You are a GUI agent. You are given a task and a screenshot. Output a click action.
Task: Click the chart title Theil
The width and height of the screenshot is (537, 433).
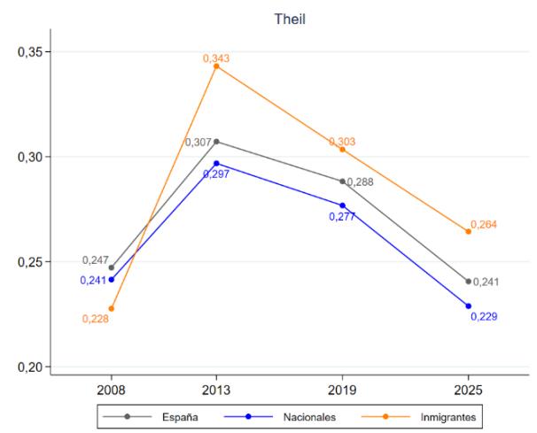(290, 19)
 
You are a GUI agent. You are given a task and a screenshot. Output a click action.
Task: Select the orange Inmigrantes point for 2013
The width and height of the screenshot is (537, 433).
(216, 66)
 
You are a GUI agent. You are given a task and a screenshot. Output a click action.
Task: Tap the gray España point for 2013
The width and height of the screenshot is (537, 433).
(216, 142)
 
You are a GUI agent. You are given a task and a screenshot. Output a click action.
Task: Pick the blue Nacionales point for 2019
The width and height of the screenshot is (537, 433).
(342, 205)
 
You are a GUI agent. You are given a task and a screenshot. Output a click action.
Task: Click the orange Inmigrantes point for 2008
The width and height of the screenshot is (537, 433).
(112, 309)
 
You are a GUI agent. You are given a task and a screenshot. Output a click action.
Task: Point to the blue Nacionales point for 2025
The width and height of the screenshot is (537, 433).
(468, 306)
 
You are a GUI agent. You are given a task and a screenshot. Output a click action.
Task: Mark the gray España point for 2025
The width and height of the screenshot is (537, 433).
(468, 282)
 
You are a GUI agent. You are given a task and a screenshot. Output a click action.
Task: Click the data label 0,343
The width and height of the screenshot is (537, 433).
(216, 58)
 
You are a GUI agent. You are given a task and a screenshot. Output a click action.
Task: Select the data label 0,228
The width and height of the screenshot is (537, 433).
(96, 319)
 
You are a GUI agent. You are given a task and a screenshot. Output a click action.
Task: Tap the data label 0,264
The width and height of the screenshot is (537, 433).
(484, 225)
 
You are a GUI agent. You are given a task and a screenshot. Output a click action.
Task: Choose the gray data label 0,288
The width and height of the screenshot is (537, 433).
(360, 182)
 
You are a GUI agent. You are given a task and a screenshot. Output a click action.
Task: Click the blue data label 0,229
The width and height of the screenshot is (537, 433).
(484, 317)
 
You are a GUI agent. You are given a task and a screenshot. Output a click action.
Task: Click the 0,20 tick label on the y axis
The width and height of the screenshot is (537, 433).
(31, 367)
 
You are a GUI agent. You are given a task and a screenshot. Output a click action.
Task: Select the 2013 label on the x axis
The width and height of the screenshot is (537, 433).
(216, 390)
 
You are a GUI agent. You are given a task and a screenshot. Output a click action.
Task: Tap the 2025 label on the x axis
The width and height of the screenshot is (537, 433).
(468, 390)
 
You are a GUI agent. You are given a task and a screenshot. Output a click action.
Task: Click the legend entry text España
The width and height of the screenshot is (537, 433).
(180, 417)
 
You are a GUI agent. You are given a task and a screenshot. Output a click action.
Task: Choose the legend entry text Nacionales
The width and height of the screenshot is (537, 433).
(309, 417)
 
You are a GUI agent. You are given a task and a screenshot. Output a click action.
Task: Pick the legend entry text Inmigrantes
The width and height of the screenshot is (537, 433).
(448, 418)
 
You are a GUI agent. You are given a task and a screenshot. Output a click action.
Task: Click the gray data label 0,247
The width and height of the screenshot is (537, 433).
(96, 260)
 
